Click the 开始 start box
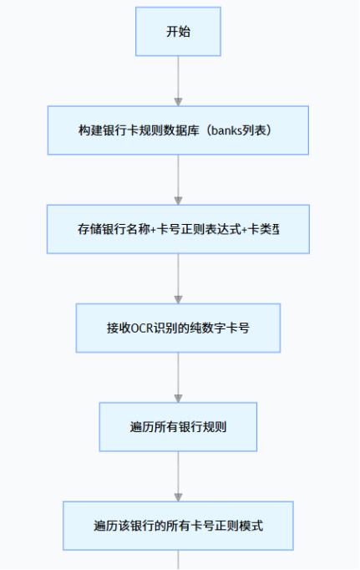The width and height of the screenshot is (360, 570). (x=178, y=32)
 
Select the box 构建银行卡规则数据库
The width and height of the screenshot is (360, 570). (x=178, y=130)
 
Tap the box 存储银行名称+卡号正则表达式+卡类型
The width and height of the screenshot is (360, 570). (x=178, y=229)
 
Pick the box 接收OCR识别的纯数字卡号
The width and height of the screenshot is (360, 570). (x=178, y=328)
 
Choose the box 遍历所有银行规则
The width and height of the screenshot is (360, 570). (x=178, y=426)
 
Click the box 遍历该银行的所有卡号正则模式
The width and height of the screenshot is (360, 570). (x=178, y=526)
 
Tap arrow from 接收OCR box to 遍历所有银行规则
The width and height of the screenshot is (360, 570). (x=178, y=376)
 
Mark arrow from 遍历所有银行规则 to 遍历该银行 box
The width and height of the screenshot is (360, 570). (x=178, y=476)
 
